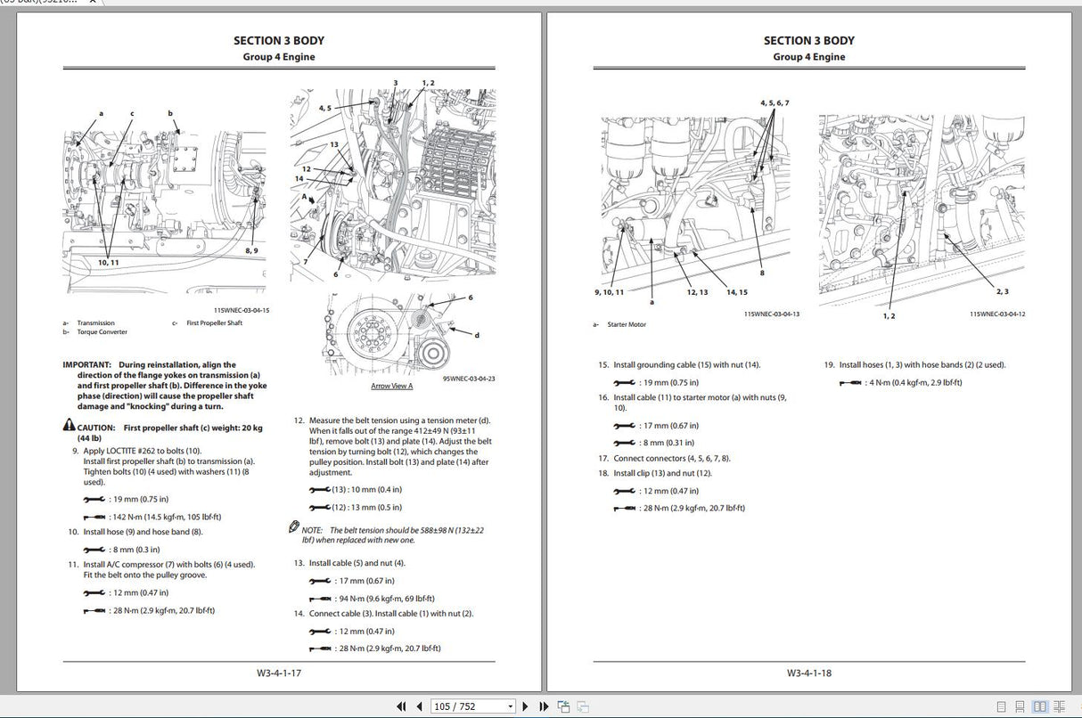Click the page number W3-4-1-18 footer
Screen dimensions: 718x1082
[x=809, y=673]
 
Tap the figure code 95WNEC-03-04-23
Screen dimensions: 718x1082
[x=469, y=379]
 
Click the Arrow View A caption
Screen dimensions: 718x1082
[x=392, y=386]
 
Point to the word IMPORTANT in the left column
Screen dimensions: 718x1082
[x=86, y=364]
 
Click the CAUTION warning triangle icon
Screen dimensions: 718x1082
[x=68, y=428]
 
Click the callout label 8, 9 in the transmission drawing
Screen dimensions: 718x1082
[x=252, y=251]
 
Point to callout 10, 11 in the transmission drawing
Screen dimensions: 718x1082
[x=108, y=262]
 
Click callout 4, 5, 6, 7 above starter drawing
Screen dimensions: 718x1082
[x=774, y=102]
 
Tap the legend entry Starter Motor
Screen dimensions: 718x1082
[x=627, y=324]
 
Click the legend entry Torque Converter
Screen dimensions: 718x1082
[x=102, y=332]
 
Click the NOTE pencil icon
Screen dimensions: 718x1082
[x=294, y=527]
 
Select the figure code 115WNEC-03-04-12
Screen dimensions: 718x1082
[x=997, y=314]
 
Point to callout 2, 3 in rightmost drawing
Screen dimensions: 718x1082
[x=1003, y=291]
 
